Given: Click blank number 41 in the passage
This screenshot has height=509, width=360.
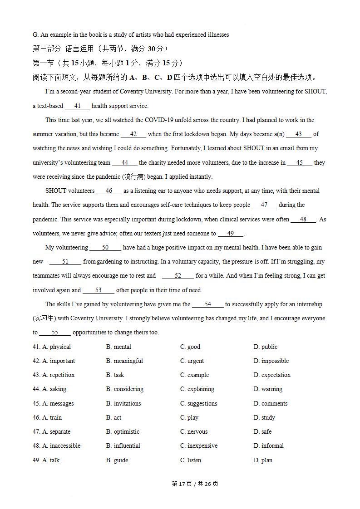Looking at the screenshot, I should coord(77,106).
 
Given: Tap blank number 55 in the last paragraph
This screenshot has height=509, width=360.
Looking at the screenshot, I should coord(55,333).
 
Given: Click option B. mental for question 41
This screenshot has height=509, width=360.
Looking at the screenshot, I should coord(118,347).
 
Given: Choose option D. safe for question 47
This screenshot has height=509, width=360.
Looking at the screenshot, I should coord(262,432).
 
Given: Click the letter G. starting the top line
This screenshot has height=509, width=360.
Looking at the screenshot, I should coord(35,35).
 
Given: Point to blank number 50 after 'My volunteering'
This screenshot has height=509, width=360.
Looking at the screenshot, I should coord(105,248).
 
